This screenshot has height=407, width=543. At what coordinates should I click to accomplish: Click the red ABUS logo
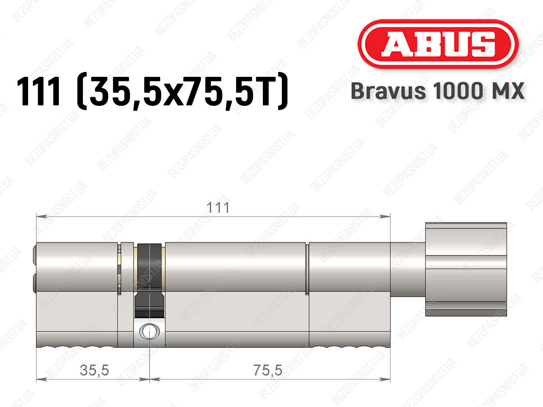point(438,44)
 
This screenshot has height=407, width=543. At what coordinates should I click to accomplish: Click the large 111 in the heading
point(38,91)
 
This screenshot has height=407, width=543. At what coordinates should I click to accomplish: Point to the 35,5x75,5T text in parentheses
point(182,91)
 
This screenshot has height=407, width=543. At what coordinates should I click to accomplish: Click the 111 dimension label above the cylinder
point(218,208)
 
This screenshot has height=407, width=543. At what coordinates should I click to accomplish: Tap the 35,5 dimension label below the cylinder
point(94,370)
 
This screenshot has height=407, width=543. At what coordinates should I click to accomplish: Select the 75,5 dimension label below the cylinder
point(268,370)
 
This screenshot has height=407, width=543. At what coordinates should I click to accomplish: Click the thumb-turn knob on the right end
point(466,269)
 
